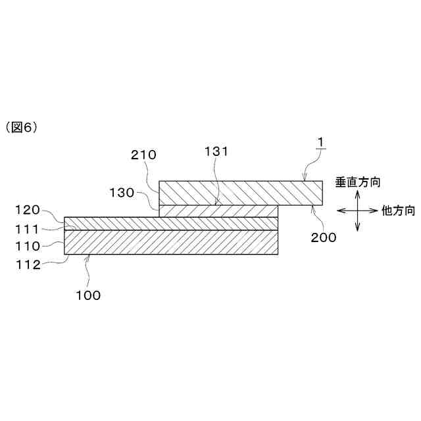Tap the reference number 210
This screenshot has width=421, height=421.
143,156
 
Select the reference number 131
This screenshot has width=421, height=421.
215,151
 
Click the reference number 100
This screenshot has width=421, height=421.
87,295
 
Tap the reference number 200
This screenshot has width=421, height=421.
323,237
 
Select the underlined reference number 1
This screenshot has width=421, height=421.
320,142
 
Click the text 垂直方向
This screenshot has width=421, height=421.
358,182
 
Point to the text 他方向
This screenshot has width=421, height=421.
399,211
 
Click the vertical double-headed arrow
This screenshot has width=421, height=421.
357,210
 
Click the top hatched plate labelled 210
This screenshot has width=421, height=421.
241,192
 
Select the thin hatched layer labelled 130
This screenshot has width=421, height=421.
219,210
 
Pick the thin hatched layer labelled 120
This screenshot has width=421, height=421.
171,223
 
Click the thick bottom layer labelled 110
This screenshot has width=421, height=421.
171,241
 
